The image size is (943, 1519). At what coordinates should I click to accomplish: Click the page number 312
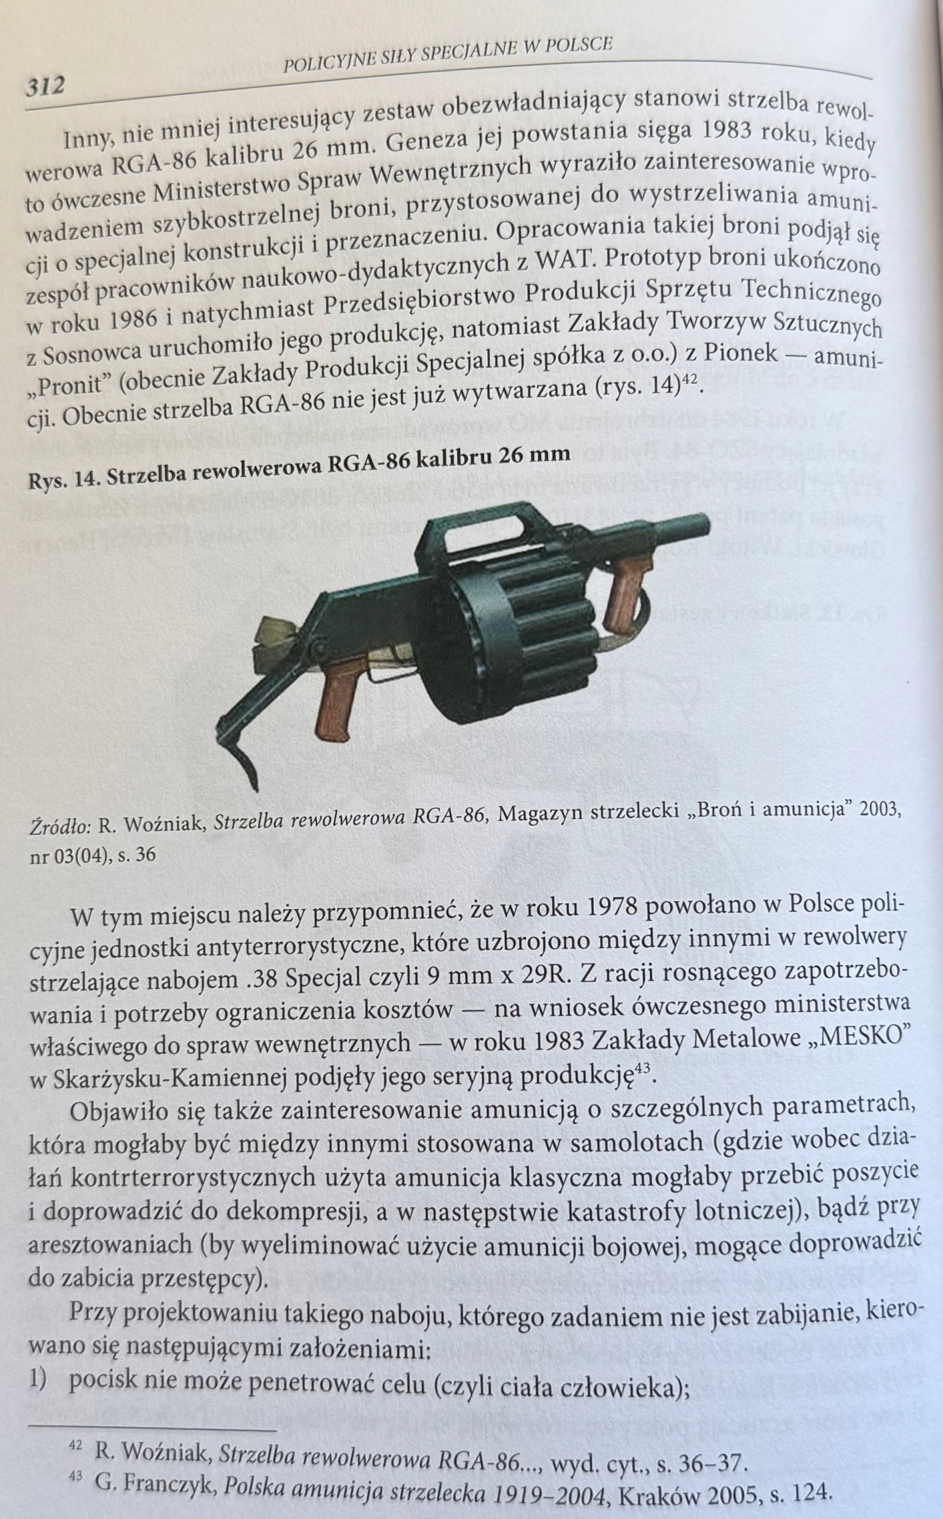[x=45, y=85]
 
